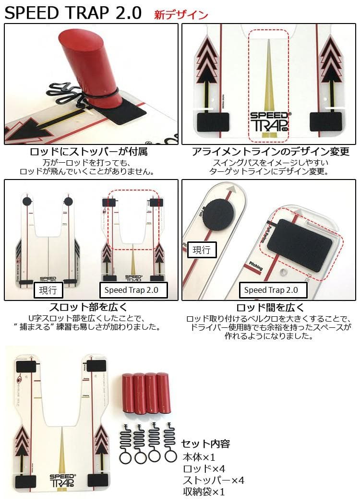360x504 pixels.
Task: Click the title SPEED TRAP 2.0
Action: (73, 13)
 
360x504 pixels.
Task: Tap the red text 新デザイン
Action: (180, 14)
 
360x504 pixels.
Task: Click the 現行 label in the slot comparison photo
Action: (48, 290)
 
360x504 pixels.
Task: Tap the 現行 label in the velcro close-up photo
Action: (202, 250)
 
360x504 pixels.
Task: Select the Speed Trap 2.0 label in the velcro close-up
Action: (271, 290)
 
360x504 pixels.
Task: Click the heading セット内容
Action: (205, 444)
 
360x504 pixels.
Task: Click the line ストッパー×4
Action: (214, 480)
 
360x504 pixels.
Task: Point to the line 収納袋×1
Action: (204, 492)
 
